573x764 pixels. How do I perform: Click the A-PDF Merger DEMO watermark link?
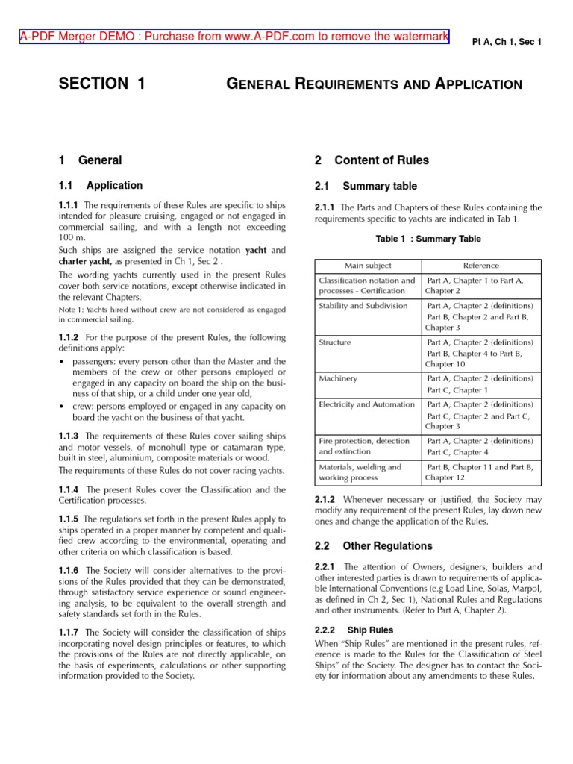[x=234, y=36]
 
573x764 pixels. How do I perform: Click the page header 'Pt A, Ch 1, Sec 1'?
[x=507, y=42]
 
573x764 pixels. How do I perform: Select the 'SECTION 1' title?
[x=102, y=84]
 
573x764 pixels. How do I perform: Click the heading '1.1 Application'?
[x=101, y=185]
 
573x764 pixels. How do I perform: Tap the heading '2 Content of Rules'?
[x=372, y=160]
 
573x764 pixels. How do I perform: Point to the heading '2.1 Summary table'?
[x=366, y=186]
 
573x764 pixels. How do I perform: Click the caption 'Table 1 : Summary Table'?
[x=428, y=239]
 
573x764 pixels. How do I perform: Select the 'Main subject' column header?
[x=368, y=266]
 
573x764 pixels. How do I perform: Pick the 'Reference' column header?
[x=481, y=266]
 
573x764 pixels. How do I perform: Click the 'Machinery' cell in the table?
[x=338, y=378]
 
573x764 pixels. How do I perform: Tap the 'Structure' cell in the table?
[x=335, y=342]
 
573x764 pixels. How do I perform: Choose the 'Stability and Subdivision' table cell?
[x=363, y=306]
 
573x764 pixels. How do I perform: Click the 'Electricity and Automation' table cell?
[x=366, y=404]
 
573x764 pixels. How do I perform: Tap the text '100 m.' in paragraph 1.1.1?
[x=72, y=237]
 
